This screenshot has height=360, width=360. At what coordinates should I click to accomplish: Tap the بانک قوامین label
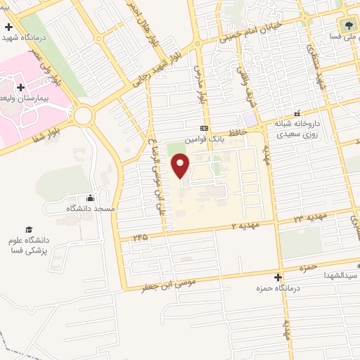click(205, 139)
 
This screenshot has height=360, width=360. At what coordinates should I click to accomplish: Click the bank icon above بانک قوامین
click(205, 129)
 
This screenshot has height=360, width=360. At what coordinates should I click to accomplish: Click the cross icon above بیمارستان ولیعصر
click(20, 87)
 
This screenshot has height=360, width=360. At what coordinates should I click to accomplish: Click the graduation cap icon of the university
click(29, 229)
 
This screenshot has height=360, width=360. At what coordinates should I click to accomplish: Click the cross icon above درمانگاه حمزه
click(278, 277)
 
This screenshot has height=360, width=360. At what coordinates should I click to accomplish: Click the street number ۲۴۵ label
click(141, 238)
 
